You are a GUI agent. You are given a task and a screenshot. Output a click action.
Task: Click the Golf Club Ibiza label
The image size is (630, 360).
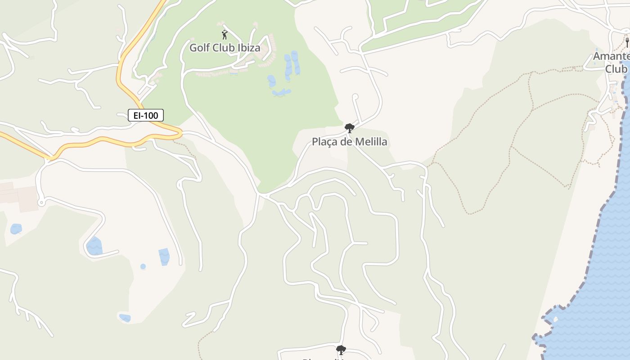225,48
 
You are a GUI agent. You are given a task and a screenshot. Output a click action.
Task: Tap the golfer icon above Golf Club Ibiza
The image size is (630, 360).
225,35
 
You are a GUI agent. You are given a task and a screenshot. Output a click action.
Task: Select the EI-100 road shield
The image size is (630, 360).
146,116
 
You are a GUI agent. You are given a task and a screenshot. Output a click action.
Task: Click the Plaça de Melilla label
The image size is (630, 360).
349,142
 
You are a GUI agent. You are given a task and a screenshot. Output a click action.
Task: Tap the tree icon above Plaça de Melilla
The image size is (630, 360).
349,129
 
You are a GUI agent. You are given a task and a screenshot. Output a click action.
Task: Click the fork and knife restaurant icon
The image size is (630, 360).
627,43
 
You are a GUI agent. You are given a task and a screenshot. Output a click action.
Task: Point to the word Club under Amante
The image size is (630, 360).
616,69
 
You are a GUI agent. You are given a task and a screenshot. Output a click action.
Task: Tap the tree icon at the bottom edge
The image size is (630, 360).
341,350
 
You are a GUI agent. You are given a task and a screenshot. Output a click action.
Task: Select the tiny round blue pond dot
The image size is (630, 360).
143,266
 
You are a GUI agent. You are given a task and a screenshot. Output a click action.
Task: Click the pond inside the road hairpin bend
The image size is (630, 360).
94,247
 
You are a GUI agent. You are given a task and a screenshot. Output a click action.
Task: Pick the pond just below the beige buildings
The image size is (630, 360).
16,229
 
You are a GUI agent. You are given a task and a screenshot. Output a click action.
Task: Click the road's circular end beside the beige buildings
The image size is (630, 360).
41,203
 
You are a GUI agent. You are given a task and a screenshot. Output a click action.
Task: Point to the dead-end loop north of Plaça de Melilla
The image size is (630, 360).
355,96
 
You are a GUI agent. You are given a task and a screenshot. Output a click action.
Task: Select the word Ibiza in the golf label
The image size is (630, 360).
248,48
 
